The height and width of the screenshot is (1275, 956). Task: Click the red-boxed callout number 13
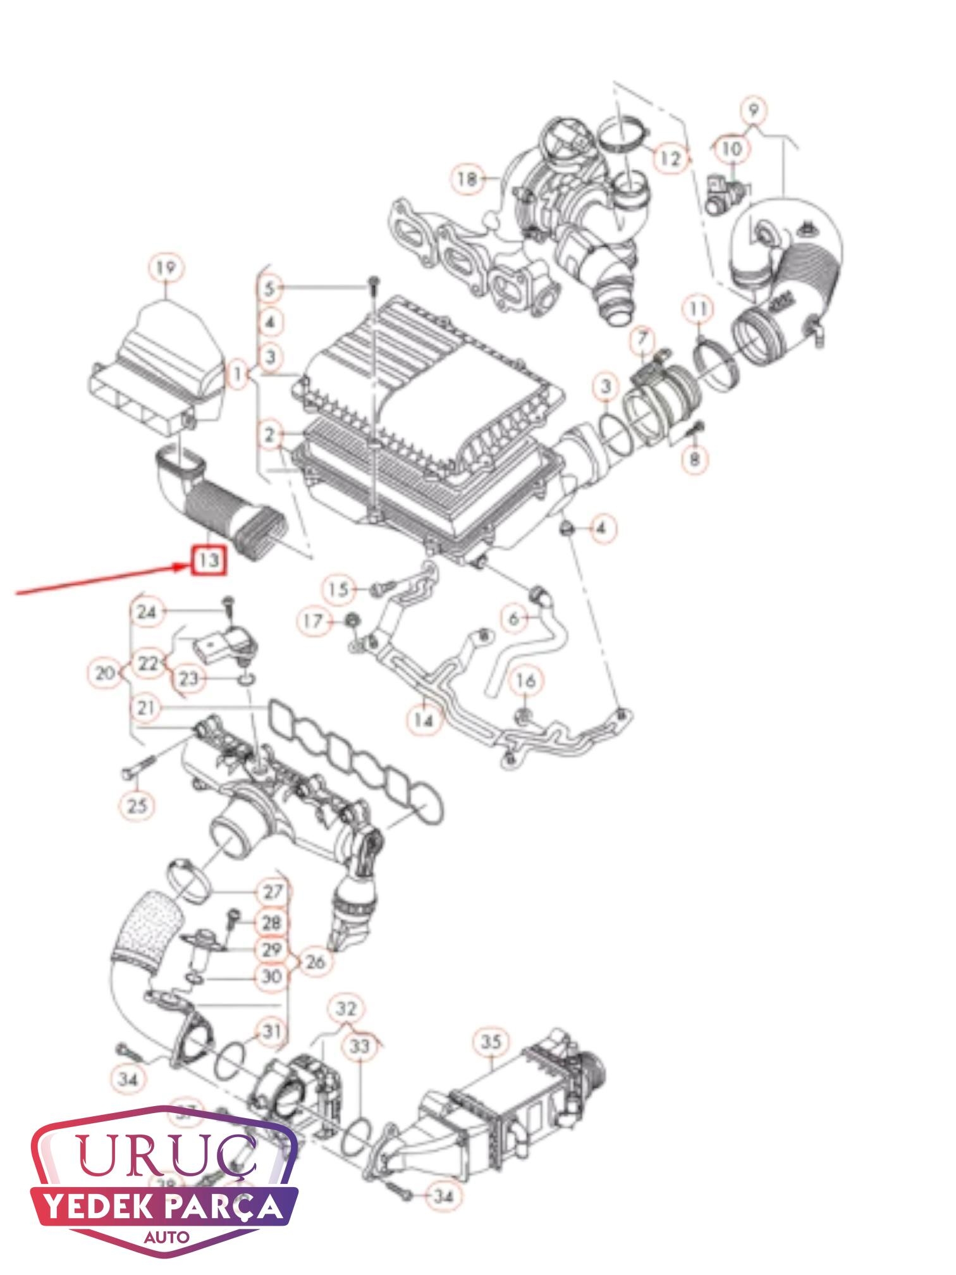(x=209, y=560)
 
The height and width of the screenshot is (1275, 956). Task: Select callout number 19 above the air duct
(x=166, y=269)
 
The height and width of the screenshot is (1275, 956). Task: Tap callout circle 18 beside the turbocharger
(x=468, y=179)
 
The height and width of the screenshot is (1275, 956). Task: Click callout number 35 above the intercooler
(x=491, y=1042)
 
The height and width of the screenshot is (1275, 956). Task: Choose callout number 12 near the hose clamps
(x=670, y=157)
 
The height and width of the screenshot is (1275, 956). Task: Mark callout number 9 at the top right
(x=753, y=111)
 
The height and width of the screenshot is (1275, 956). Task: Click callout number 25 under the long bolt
(x=137, y=805)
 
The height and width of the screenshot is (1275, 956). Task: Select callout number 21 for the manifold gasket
(x=146, y=708)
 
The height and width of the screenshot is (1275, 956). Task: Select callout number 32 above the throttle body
(x=346, y=1009)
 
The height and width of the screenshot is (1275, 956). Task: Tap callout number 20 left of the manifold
(x=104, y=673)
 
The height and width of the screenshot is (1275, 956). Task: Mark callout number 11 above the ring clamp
(x=698, y=310)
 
